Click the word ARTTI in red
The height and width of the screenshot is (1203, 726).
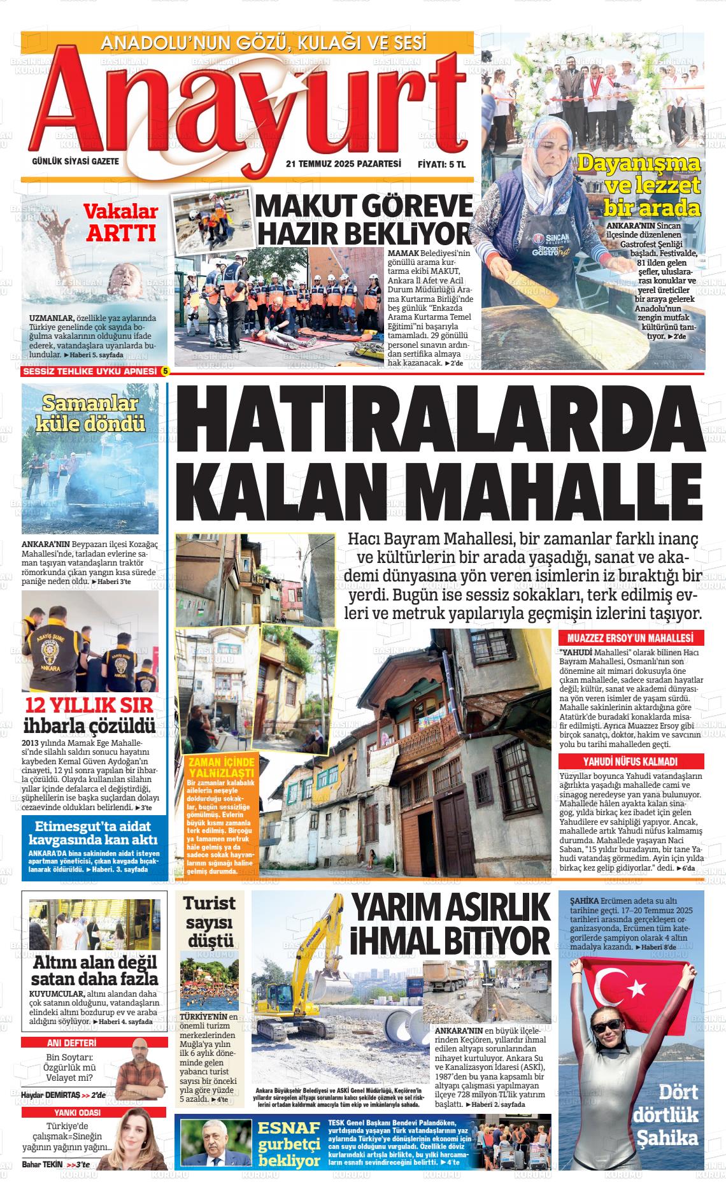[121, 233]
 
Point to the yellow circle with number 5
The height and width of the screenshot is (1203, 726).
[166, 371]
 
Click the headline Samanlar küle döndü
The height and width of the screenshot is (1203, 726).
[90, 413]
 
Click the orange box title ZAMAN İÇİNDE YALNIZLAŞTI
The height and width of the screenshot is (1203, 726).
[218, 767]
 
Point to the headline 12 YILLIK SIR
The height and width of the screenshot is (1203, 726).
[89, 706]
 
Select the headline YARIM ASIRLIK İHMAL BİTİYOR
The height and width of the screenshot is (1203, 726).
[452, 924]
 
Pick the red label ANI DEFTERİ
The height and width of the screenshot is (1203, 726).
[72, 1043]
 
